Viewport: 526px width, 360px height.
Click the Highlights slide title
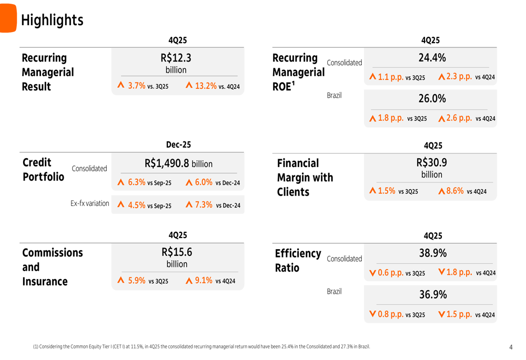click(52, 20)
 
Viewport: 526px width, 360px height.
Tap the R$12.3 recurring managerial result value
click(176, 58)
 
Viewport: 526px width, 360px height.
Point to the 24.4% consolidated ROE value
click(432, 58)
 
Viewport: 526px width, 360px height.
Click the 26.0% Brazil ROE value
click(432, 99)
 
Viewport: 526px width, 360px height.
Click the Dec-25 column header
click(178, 145)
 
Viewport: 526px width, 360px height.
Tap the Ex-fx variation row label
click(90, 203)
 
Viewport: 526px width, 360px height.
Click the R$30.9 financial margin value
click(431, 163)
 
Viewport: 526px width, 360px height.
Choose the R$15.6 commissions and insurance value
click(177, 252)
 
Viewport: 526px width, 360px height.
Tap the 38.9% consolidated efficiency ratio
click(432, 253)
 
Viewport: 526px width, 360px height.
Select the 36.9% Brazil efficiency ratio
click(432, 295)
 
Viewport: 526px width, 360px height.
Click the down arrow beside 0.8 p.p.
click(372, 314)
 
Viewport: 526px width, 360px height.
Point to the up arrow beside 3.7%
click(121, 85)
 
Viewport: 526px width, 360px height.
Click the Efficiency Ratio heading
click(298, 261)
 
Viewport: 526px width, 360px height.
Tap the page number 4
click(511, 347)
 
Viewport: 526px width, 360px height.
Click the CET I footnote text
click(201, 346)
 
